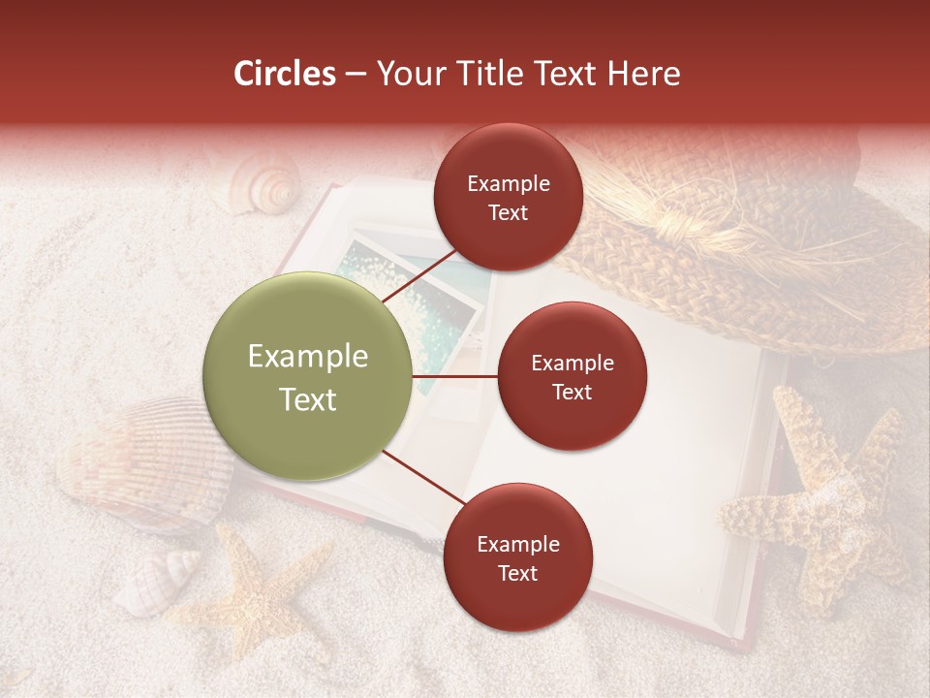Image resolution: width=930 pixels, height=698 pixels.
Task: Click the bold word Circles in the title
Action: [x=285, y=74]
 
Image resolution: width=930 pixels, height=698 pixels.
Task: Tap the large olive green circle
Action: [x=308, y=377]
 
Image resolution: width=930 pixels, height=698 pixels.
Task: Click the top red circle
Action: [x=509, y=198]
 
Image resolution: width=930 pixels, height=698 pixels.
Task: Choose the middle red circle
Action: [x=572, y=377]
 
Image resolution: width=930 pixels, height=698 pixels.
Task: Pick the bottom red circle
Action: [x=517, y=558]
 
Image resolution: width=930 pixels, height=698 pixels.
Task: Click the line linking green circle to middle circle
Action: [x=455, y=377]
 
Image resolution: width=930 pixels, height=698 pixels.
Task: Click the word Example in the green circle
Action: [x=308, y=357]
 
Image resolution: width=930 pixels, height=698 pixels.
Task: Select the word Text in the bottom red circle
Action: [x=517, y=573]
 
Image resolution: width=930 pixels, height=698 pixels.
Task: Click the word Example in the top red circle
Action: [x=509, y=183]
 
